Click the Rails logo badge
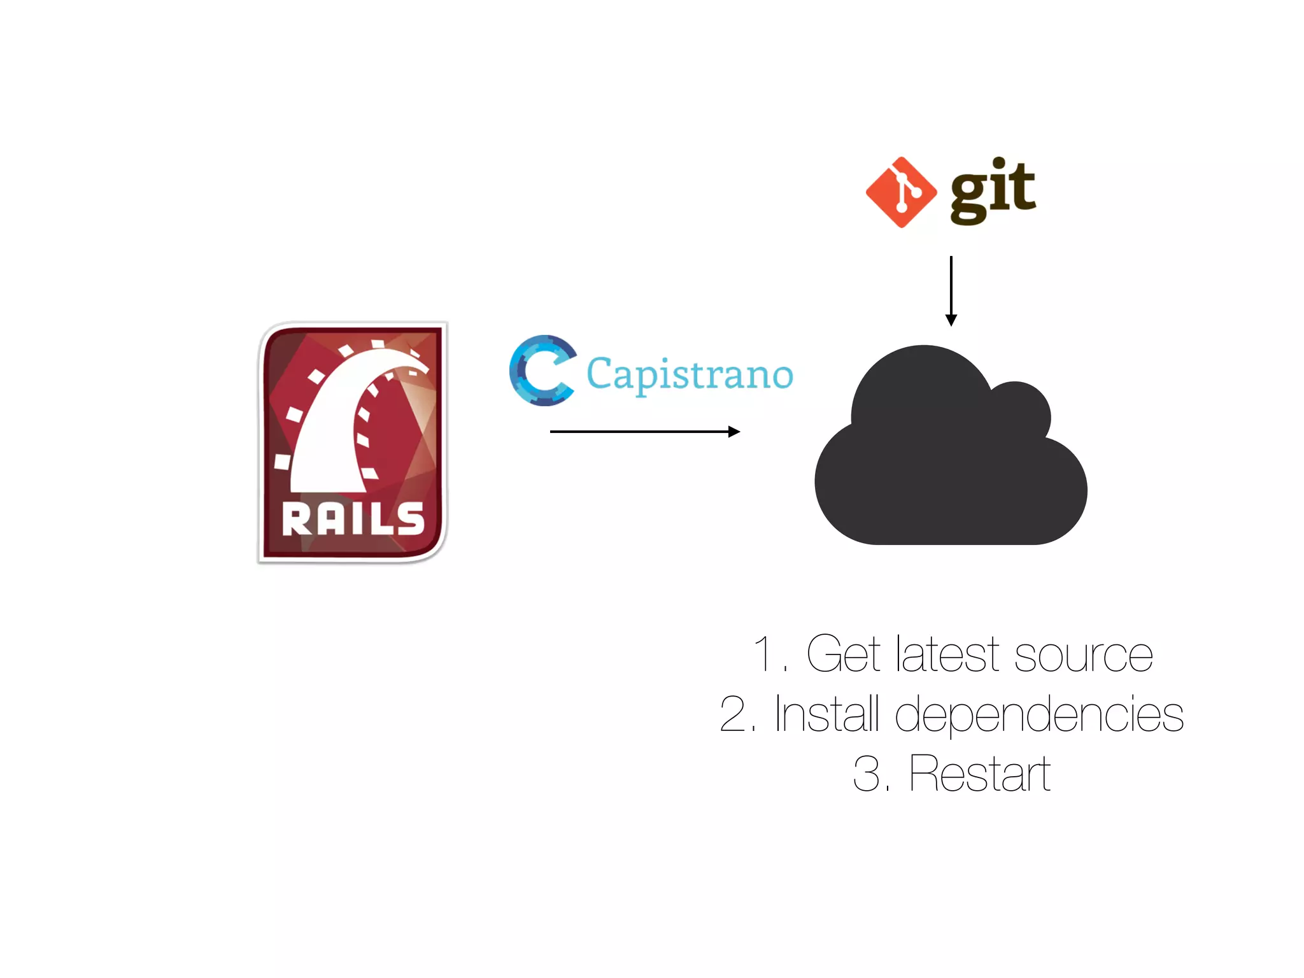352,442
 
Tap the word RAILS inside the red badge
353,520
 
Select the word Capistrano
690,374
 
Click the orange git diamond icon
901,192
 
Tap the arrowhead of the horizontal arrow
734,432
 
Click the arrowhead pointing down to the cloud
951,320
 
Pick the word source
1083,655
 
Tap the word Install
827,714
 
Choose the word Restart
979,774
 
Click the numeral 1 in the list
763,654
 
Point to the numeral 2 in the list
733,714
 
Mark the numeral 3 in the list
867,774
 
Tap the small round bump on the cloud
1019,411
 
